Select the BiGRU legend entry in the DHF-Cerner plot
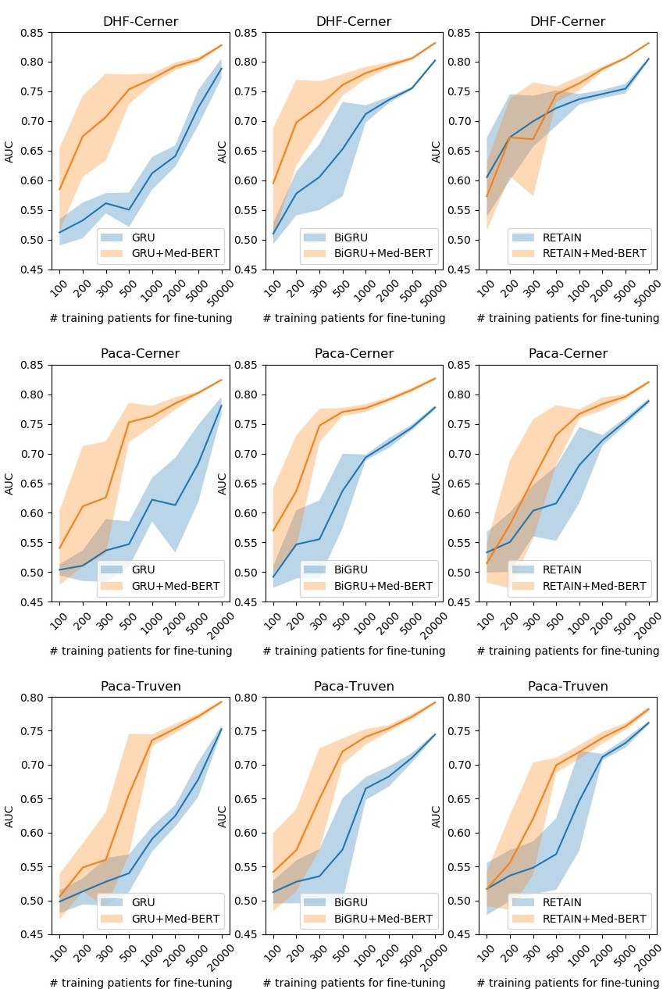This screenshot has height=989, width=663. point(352,236)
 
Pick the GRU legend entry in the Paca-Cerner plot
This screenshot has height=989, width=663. point(144,569)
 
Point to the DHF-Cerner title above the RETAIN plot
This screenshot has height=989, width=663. point(567,22)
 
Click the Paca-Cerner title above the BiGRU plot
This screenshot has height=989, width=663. point(354,354)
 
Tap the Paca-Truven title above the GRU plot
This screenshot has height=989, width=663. point(141,687)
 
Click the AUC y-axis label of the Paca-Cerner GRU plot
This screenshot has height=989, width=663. point(10,484)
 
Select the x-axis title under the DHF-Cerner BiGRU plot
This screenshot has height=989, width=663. point(354,318)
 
